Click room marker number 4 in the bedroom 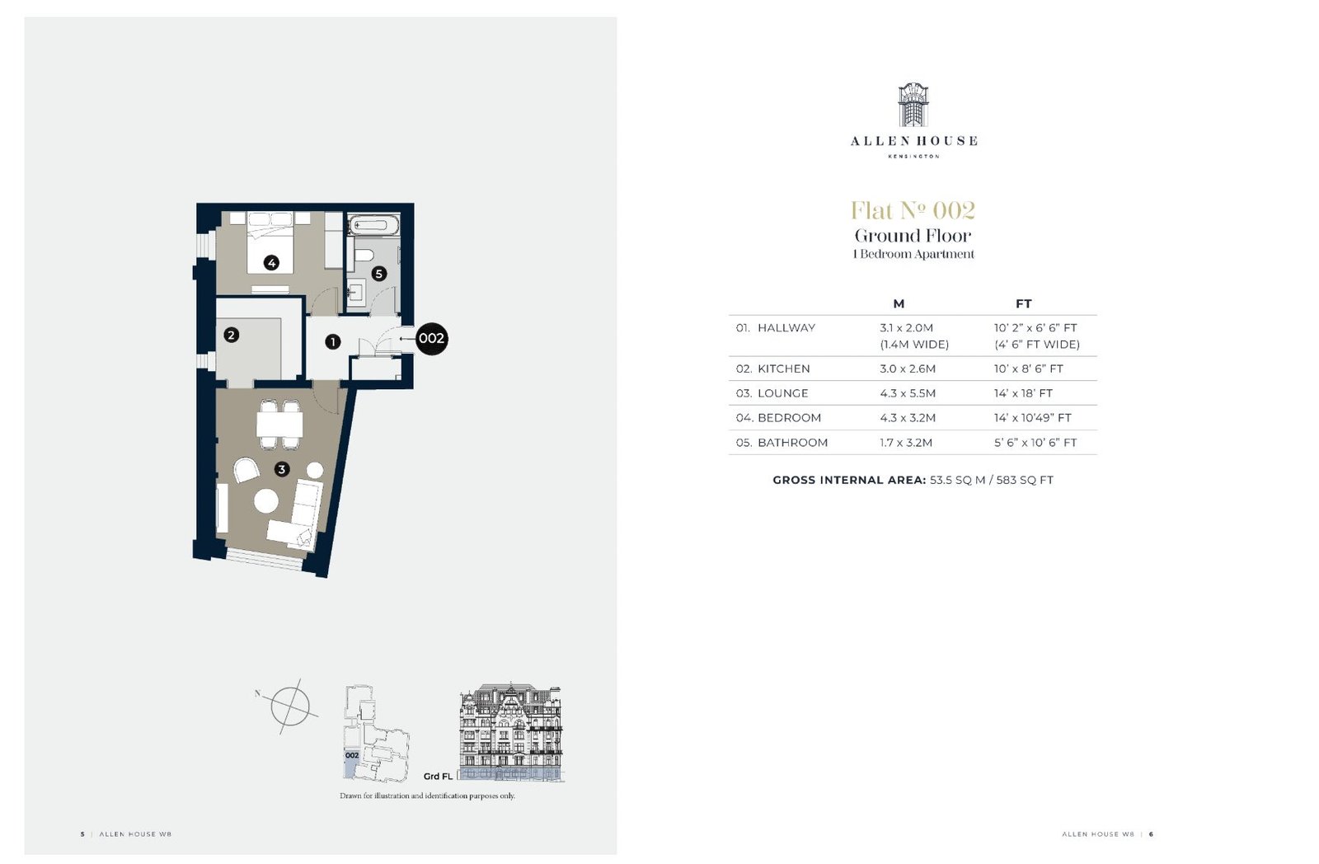(271, 263)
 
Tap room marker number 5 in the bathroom (378, 273)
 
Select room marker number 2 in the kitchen (231, 335)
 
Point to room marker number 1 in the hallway (333, 341)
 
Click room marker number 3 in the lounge (282, 469)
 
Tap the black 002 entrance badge (432, 338)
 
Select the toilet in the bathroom (363, 255)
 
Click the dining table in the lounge (279, 424)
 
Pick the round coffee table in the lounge (266, 501)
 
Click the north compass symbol (289, 707)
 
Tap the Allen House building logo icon (913, 105)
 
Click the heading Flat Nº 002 (913, 210)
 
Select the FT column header (1023, 304)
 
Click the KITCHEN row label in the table (784, 369)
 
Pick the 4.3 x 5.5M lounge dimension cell (908, 393)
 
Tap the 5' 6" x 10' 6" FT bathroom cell (1035, 443)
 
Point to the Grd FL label (438, 777)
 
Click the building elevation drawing (512, 733)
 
